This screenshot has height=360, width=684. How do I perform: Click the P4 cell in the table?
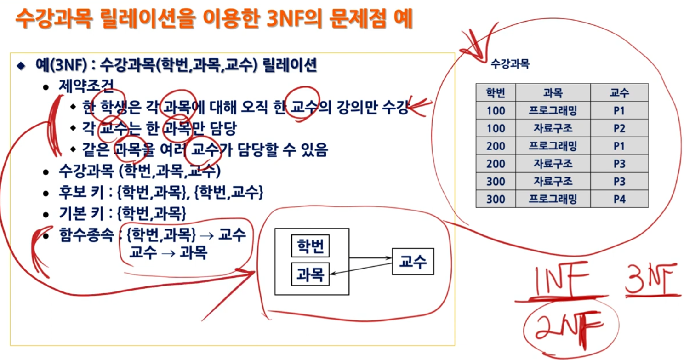click(x=619, y=199)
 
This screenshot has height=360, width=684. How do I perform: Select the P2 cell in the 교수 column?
click(x=619, y=128)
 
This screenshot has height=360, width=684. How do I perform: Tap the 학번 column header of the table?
click(x=496, y=93)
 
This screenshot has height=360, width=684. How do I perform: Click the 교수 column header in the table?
click(x=619, y=93)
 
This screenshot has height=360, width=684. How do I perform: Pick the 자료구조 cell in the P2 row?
click(x=553, y=128)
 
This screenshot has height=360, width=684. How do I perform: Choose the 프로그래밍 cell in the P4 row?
click(x=553, y=199)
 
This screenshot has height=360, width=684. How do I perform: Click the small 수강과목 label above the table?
click(x=510, y=64)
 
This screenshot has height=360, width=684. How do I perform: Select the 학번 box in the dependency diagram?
click(x=310, y=246)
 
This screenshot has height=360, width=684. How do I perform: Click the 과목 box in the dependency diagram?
click(x=310, y=274)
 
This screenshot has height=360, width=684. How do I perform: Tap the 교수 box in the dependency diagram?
click(x=413, y=261)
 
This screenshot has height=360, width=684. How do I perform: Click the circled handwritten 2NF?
click(x=570, y=325)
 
